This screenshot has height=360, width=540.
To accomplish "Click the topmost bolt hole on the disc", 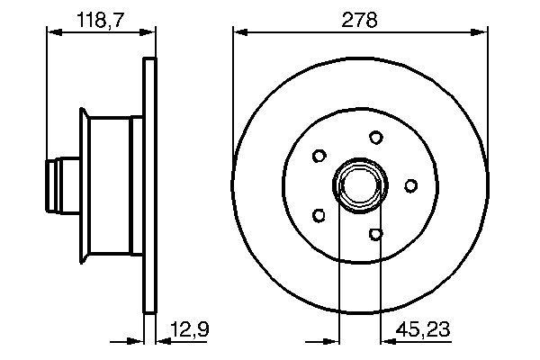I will click(x=375, y=138).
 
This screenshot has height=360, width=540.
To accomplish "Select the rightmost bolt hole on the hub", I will click(x=410, y=185).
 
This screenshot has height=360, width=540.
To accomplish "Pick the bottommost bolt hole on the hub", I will click(x=376, y=234).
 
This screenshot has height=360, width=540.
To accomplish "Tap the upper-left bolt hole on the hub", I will click(x=318, y=156).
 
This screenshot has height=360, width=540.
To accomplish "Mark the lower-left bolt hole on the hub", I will click(x=318, y=215).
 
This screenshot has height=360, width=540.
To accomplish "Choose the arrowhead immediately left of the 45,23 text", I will click(x=386, y=341).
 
